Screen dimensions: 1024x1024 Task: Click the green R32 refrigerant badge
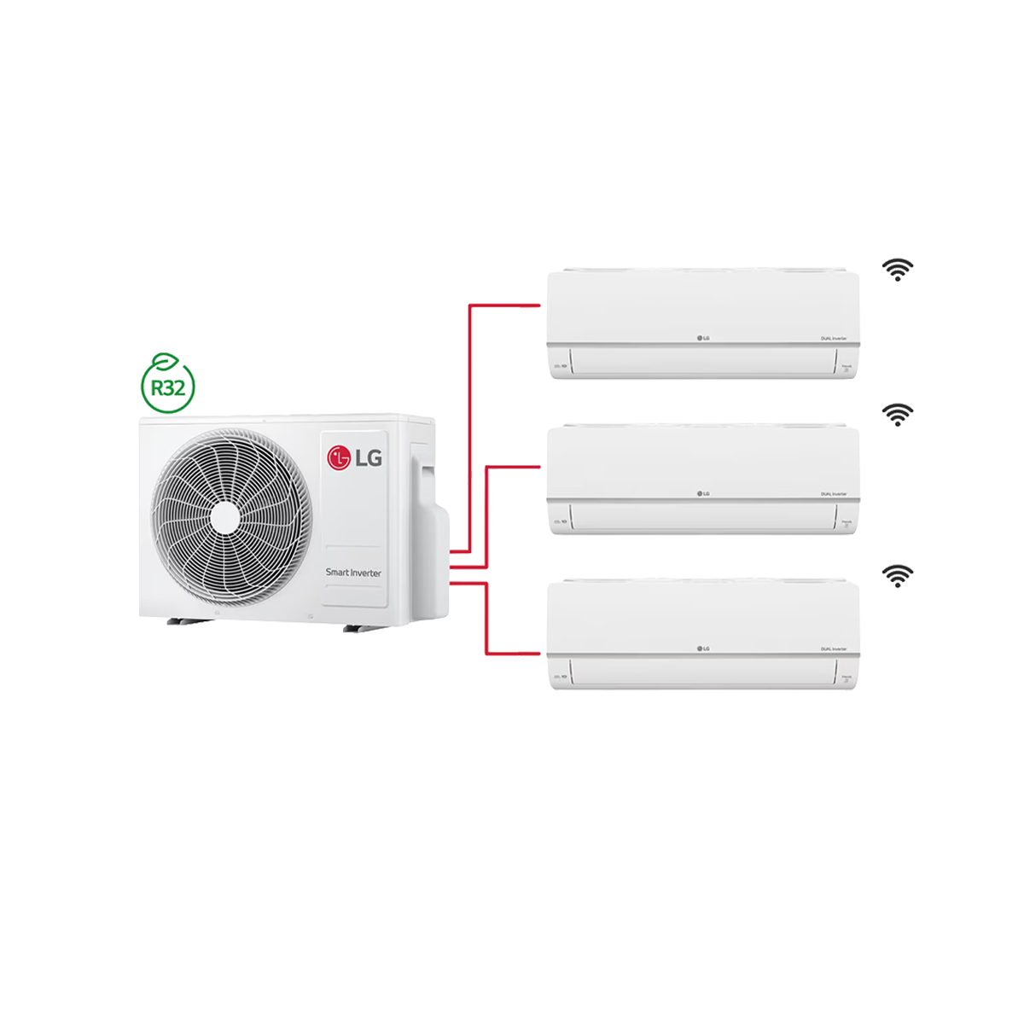click(x=168, y=387)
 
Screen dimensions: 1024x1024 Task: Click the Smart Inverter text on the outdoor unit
click(x=353, y=573)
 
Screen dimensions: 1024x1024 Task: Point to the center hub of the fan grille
click(x=227, y=517)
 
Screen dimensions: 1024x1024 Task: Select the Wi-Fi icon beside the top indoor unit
click(x=897, y=271)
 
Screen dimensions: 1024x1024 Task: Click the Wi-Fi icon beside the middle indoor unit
click(x=897, y=415)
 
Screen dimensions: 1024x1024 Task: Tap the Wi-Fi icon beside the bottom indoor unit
click(x=897, y=576)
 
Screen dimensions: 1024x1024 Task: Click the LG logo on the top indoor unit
click(x=703, y=338)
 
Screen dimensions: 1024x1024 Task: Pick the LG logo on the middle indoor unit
click(x=703, y=493)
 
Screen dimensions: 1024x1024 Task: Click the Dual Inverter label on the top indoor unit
click(x=834, y=339)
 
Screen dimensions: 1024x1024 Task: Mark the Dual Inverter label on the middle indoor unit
click(x=834, y=494)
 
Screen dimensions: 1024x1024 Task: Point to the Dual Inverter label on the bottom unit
click(x=834, y=649)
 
